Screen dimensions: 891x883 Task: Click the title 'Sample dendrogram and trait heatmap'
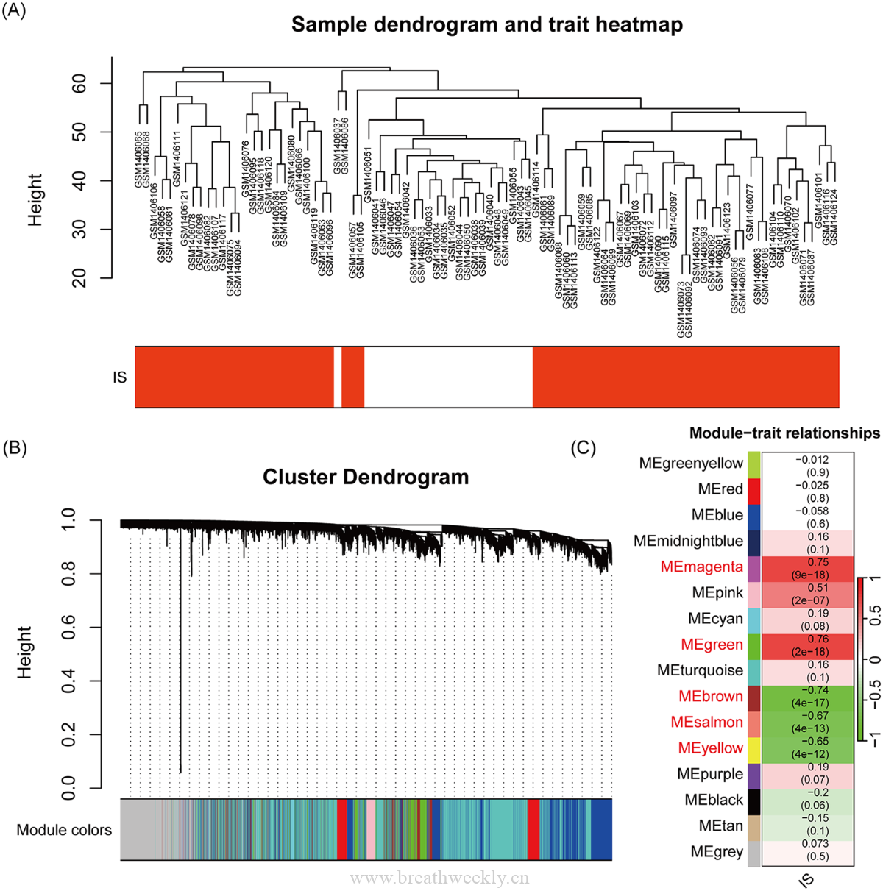point(486,24)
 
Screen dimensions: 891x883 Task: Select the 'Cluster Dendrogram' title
point(366,477)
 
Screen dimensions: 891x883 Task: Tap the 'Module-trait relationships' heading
point(784,433)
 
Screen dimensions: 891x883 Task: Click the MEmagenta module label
point(701,567)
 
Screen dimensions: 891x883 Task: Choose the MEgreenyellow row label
point(691,463)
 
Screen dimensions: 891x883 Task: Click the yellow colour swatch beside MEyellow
point(753,749)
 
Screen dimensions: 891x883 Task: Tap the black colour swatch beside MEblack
point(753,801)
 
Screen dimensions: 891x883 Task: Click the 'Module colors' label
point(64,830)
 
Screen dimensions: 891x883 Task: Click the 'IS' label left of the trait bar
point(119,377)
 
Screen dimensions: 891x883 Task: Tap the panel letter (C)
point(584,447)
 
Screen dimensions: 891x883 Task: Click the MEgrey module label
point(716,852)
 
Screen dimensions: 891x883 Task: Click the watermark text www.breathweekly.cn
point(439,878)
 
